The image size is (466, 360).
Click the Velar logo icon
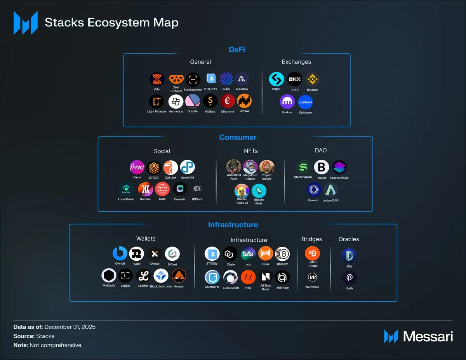coord(157,79)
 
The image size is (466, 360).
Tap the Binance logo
coord(312,79)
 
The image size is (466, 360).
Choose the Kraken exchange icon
coord(287,102)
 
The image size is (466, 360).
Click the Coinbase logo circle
coord(305,102)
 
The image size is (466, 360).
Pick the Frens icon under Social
coord(137,168)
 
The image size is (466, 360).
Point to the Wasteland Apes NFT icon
coord(234,167)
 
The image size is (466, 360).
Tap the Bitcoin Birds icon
coord(259,191)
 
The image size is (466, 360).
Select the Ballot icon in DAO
coord(322,168)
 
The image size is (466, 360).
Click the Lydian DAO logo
coord(330,190)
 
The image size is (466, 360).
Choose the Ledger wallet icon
coord(125,276)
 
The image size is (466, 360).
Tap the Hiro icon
coord(248,277)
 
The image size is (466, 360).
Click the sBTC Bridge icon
coord(313,254)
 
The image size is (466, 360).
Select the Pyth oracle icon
coord(349,278)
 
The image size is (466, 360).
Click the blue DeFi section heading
coord(237,50)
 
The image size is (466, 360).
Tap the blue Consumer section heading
coord(238,137)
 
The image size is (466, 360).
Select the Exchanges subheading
coord(296,62)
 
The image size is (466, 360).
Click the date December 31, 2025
coord(70,327)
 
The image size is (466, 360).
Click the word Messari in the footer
coord(428,336)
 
